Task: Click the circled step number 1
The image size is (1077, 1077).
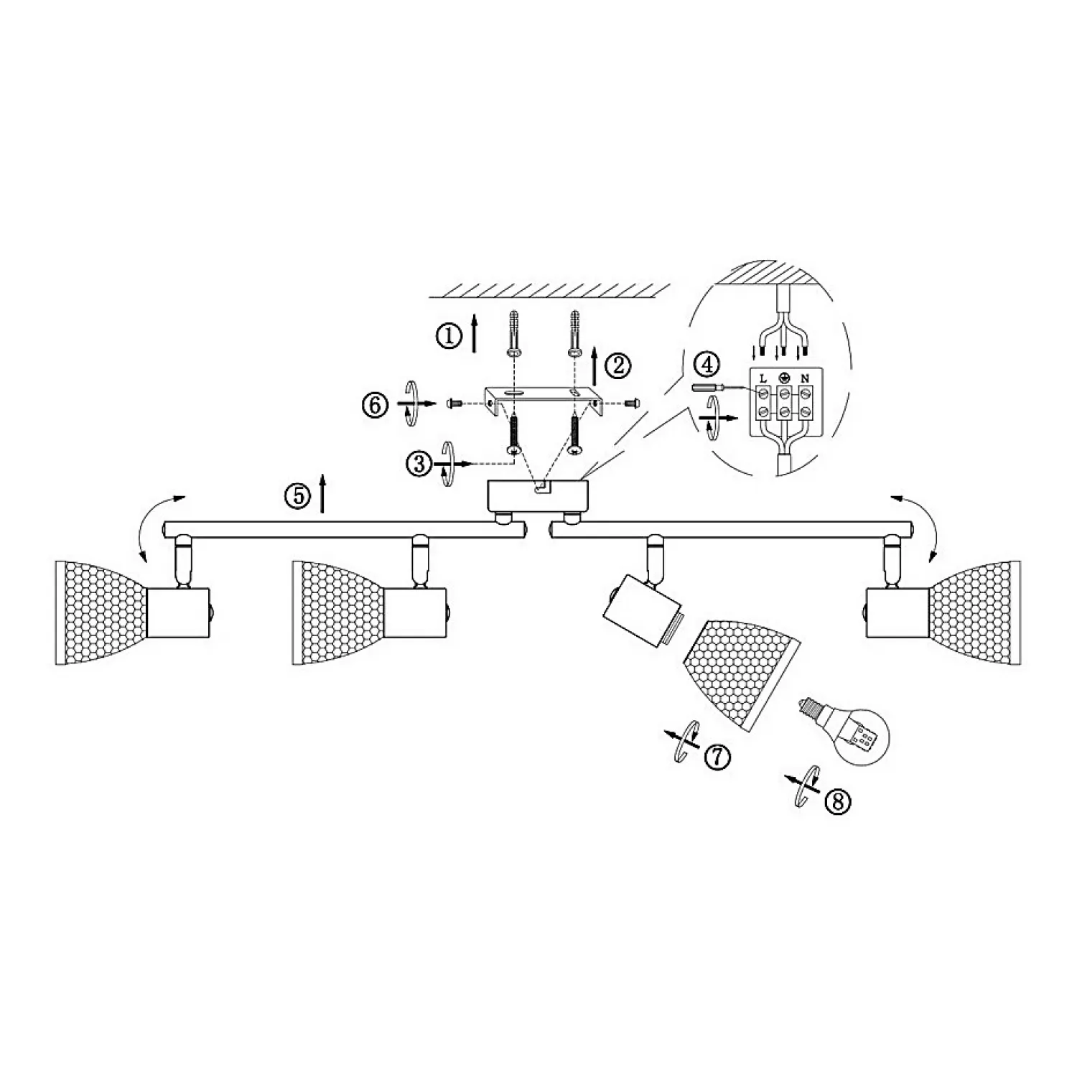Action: (449, 335)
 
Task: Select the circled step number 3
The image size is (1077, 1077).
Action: (420, 464)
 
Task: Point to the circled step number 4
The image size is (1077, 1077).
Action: (708, 364)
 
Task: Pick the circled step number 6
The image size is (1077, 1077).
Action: (374, 405)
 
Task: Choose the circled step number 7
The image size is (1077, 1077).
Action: (717, 757)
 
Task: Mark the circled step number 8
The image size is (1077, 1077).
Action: (837, 801)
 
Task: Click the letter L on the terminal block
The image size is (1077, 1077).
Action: (763, 378)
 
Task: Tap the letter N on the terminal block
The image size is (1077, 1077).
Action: (806, 378)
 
